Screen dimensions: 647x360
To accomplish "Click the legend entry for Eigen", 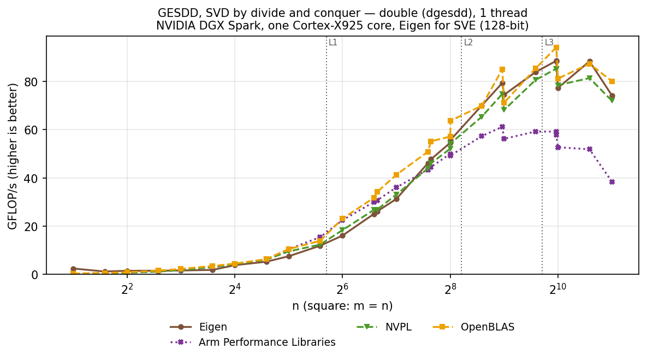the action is pos(199,327).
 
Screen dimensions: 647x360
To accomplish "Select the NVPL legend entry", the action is pos(384,327).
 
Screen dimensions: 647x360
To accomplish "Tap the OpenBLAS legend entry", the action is pos(473,327).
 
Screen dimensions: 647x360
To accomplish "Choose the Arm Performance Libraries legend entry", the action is pos(253,343).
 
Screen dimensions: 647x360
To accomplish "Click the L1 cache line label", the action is pos(333,42).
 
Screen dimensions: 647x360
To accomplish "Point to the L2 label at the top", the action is pos(468,42).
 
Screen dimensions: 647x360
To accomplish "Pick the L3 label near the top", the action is pos(549,42).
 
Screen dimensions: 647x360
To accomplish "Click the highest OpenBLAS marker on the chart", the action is pos(556,48).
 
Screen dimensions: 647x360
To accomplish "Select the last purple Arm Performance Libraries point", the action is pos(612,182).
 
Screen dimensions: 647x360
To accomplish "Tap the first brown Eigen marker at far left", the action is pos(74,269).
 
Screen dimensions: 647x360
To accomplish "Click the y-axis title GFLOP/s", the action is pos(13,156).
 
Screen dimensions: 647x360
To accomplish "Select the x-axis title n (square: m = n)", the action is pos(342,306).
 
